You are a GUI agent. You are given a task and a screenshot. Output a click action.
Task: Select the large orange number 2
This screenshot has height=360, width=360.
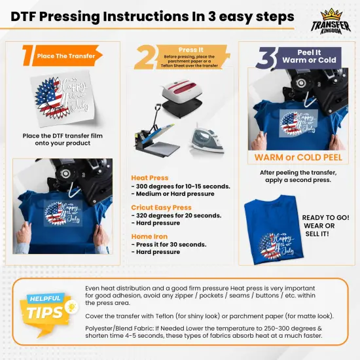(145, 58)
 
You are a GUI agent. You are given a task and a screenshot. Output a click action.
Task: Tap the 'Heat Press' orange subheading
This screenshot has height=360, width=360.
(150, 178)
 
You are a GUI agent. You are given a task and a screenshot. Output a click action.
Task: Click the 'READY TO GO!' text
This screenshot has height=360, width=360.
(325, 217)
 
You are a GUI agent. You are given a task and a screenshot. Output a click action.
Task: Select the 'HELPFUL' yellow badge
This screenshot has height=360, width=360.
(44, 299)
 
